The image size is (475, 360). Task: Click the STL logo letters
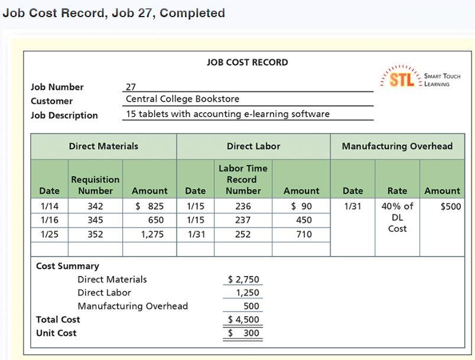(402, 80)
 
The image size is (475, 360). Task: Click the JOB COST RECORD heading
(248, 62)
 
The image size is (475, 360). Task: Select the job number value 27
(131, 87)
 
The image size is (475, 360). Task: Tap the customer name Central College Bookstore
(183, 99)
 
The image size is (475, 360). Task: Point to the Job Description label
(64, 115)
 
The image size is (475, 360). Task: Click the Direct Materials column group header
(103, 146)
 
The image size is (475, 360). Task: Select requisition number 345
(95, 220)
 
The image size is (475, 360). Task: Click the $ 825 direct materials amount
(149, 206)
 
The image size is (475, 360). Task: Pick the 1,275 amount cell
(152, 234)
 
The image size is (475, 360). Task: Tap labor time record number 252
(243, 234)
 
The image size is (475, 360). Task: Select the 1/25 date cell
(49, 234)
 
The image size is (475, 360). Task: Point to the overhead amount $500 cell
(450, 206)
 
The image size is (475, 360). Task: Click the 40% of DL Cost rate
(397, 218)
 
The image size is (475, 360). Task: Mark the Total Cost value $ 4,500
(243, 320)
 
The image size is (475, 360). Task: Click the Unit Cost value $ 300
(243, 333)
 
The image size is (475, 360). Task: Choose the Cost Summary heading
(68, 266)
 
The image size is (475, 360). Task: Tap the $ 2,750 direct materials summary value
(243, 280)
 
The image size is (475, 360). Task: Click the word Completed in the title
(192, 13)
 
